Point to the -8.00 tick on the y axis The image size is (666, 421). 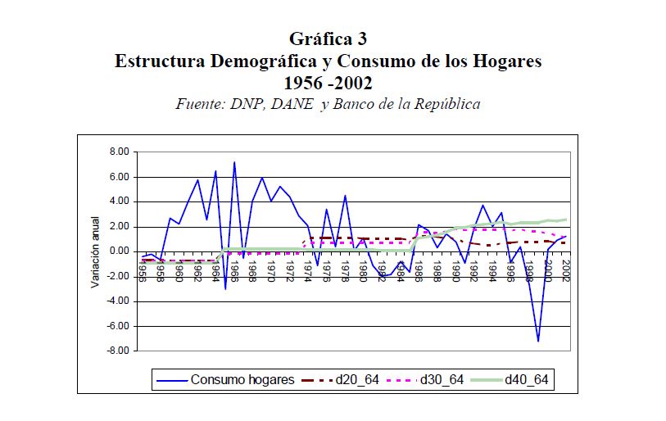[x=117, y=351]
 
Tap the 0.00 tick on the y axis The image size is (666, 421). [x=119, y=251]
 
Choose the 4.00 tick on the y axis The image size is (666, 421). [x=119, y=201]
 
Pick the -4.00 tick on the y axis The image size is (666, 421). [x=117, y=301]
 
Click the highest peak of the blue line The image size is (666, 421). [x=234, y=162]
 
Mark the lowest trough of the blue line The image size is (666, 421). [x=538, y=341]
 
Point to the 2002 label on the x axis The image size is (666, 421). [x=565, y=269]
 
